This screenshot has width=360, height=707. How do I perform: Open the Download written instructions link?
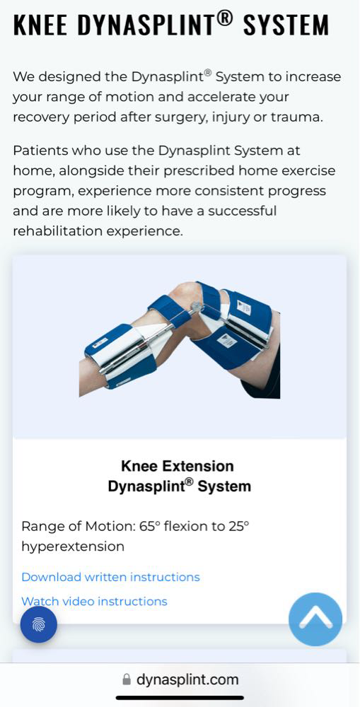(110, 577)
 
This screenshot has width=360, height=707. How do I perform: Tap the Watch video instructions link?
(94, 601)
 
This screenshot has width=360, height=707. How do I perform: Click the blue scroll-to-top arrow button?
(315, 619)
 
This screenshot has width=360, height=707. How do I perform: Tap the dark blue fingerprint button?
(39, 624)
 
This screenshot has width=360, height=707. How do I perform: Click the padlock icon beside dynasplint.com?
(127, 679)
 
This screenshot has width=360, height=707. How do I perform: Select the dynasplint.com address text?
(187, 679)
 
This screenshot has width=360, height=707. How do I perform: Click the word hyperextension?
(73, 547)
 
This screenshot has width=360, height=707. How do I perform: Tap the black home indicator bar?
(180, 699)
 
